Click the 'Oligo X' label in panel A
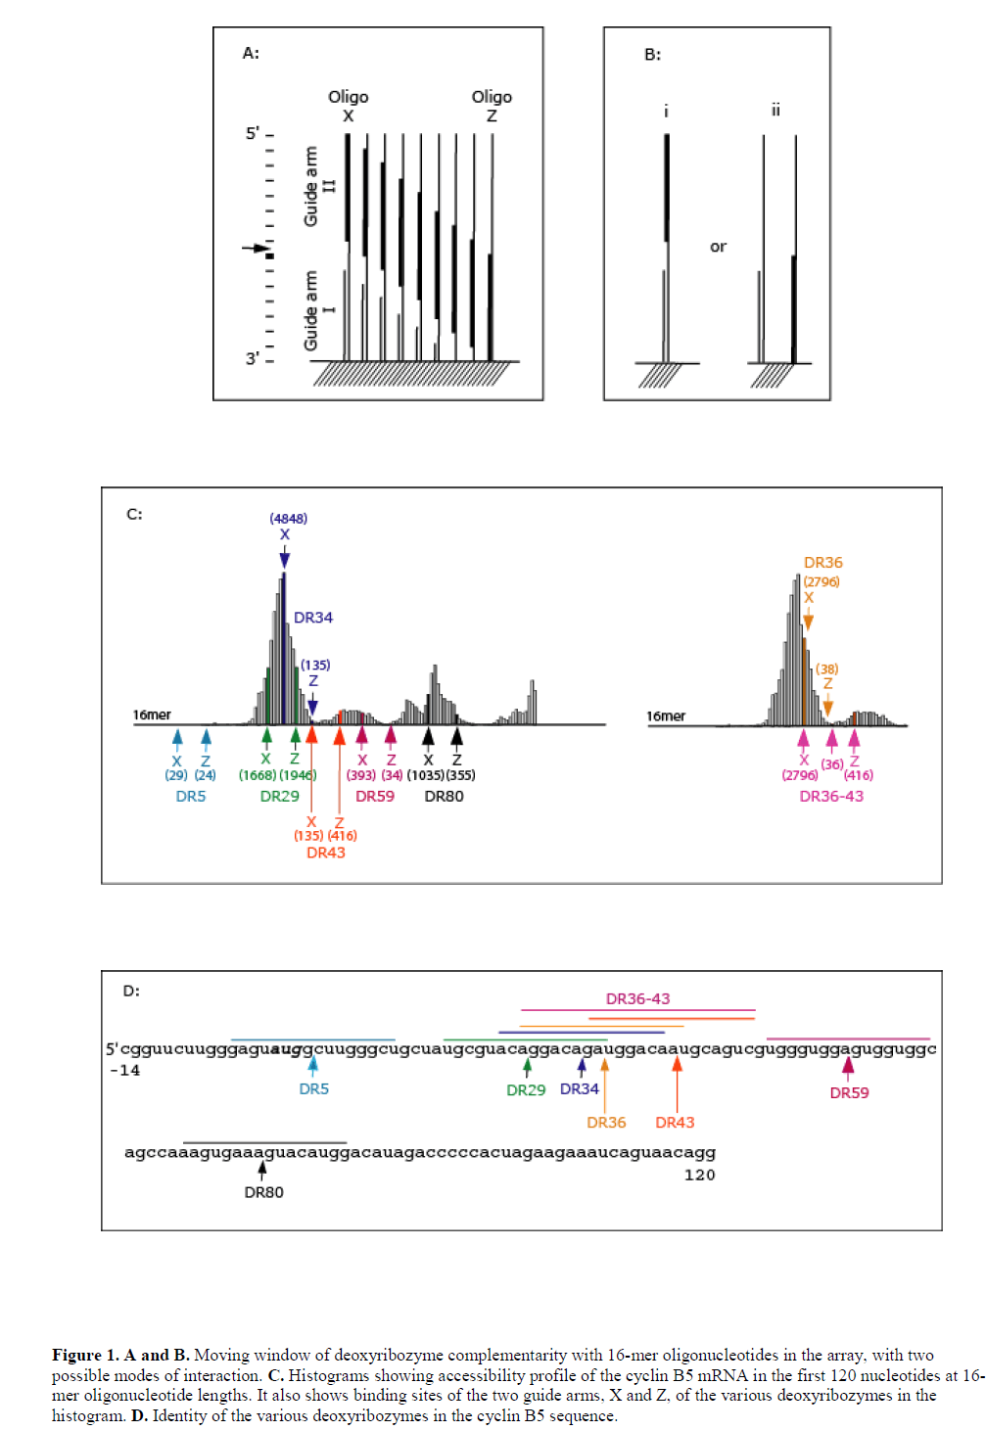coord(348,106)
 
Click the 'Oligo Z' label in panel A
coord(492,106)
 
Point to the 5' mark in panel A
coord(253,133)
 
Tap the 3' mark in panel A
coord(253,358)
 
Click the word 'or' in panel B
coord(718,247)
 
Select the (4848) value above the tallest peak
coord(289,519)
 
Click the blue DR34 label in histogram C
coord(313,618)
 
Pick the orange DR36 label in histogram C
coord(822,563)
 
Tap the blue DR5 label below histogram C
coord(191,797)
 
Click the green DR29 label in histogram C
coord(279,797)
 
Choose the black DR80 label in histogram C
coord(444,797)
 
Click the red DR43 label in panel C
coord(325,853)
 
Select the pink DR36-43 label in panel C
coord(831,797)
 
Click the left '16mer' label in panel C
coord(152,715)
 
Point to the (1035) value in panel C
coord(425,775)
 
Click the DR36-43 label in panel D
coord(637,999)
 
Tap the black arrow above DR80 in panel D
coord(262,1169)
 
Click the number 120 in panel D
coord(699,1175)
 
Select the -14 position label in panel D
coord(124,1071)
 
